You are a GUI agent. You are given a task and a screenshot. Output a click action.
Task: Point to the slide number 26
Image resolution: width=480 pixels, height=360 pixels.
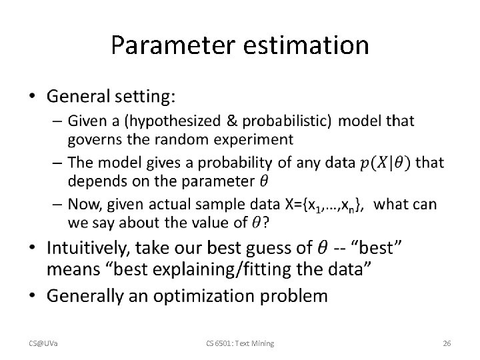tap(447, 343)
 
